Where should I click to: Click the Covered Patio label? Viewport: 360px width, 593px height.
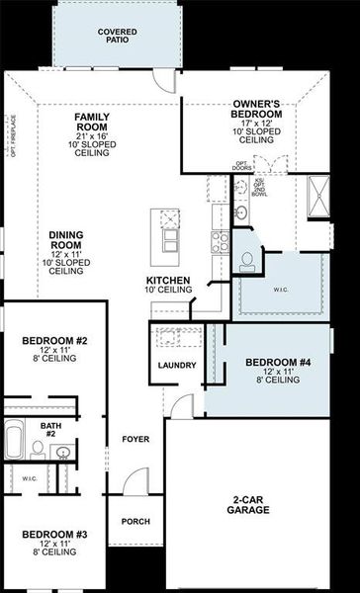[118, 37]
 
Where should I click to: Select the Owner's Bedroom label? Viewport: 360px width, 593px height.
[257, 108]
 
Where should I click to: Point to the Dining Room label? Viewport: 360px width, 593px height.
[66, 241]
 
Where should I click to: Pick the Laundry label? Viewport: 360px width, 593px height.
[177, 366]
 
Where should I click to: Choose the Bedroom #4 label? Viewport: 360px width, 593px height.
[271, 363]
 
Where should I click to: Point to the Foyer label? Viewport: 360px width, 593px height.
[135, 438]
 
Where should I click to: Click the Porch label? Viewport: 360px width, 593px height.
[135, 521]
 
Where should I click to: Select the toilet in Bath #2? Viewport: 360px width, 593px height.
[38, 449]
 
